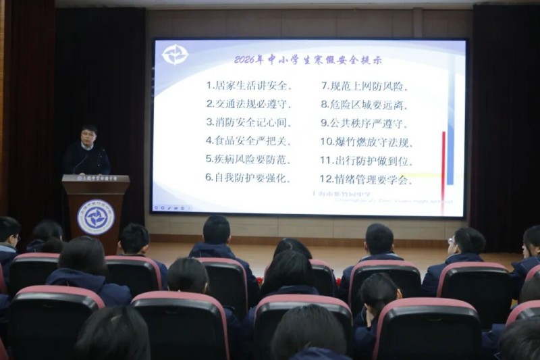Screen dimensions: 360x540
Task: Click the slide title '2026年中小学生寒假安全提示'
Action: pos(307,59)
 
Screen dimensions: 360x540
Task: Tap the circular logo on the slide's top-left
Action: pos(175,55)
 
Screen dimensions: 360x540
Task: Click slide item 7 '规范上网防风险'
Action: pos(364,86)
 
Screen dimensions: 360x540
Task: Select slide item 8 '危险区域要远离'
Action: pos(364,105)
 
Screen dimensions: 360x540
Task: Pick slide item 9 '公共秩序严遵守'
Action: pos(364,123)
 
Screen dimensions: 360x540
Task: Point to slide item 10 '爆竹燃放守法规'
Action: pos(367,142)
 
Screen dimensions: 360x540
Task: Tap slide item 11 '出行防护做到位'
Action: pos(367,161)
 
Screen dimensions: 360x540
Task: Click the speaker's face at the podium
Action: pos(88,136)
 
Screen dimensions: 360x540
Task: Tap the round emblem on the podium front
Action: pos(96,217)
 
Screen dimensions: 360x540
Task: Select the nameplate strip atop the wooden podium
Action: pos(96,179)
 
